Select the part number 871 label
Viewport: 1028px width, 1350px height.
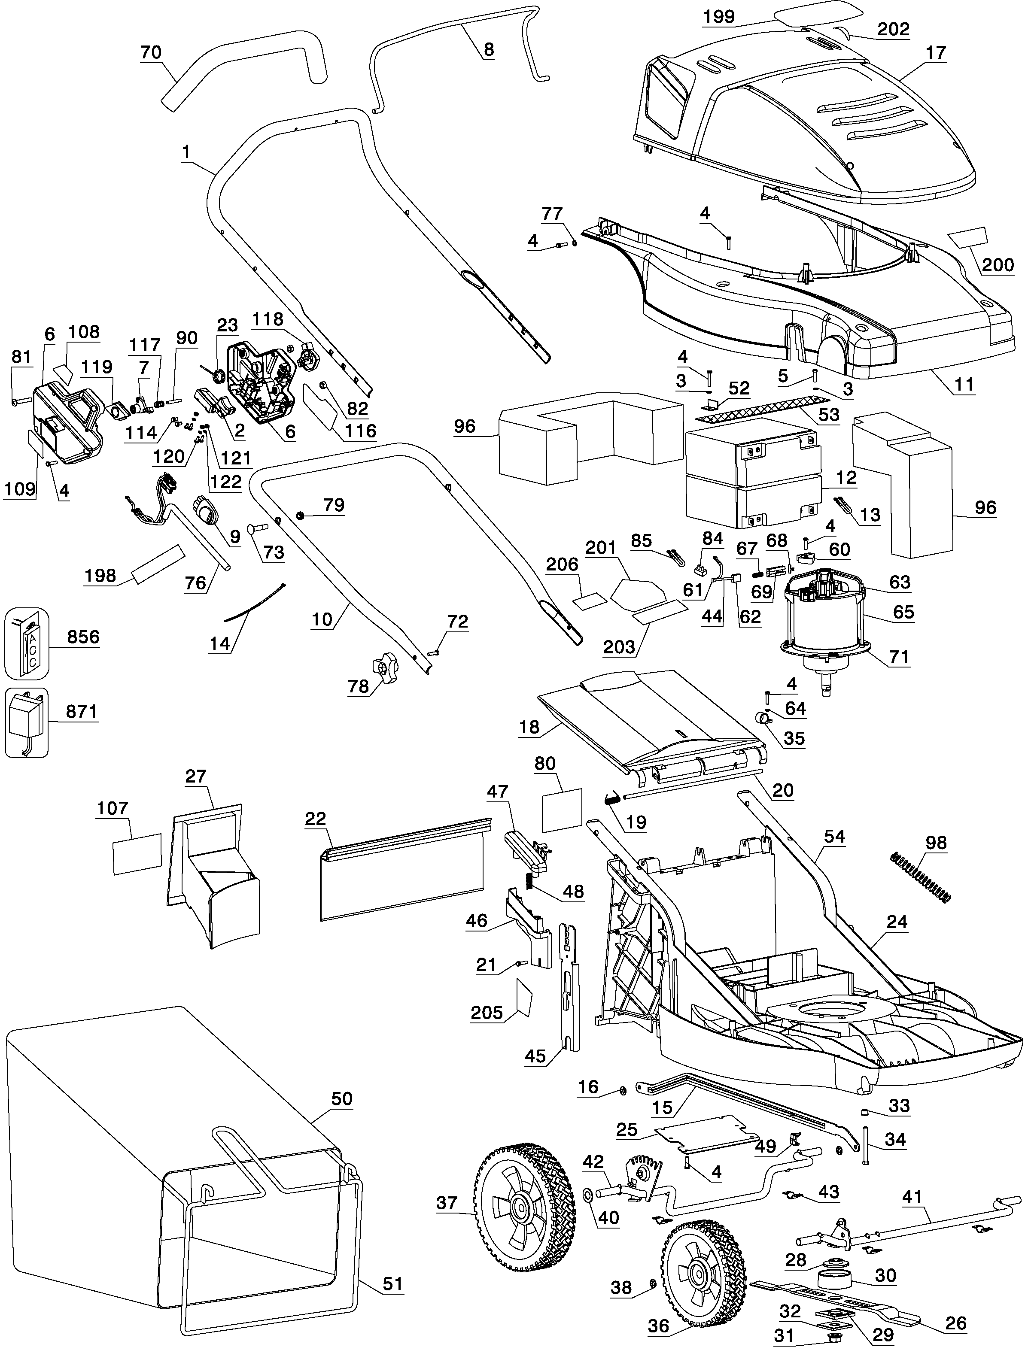82,711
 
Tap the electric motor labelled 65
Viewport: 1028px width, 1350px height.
826,618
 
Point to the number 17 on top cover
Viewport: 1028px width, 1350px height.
936,53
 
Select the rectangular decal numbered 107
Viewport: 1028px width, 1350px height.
137,853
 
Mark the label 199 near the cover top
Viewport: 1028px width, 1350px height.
719,16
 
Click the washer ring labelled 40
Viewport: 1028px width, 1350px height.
588,1193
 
